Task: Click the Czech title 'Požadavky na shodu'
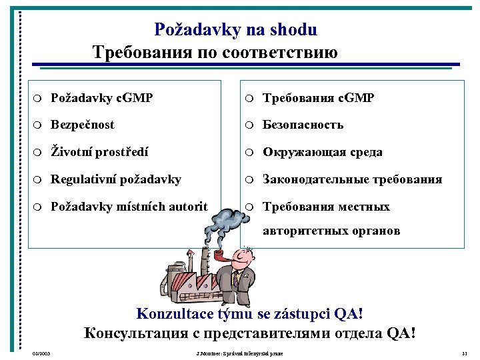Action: [235, 29]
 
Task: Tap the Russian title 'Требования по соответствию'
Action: [215, 52]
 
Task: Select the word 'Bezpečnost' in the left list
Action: [83, 125]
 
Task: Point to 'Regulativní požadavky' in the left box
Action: [116, 179]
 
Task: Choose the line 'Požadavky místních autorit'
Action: [129, 207]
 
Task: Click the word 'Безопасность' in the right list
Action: [303, 125]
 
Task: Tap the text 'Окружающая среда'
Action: [323, 152]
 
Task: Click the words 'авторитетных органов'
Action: [331, 231]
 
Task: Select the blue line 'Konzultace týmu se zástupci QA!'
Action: [250, 314]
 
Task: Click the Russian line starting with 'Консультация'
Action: [250, 333]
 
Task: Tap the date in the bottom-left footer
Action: [41, 353]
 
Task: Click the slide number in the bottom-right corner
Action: [464, 353]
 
